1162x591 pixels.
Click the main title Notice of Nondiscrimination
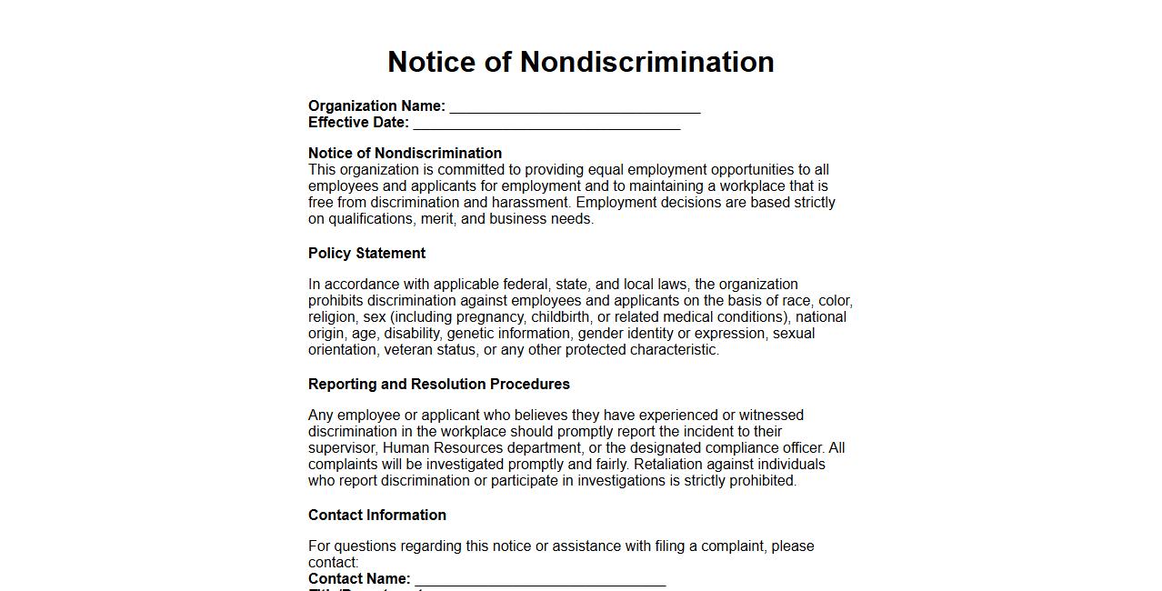[x=580, y=62]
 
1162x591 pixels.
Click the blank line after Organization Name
[x=575, y=107]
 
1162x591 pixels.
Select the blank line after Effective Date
[x=546, y=124]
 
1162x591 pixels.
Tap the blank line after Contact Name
[x=540, y=580]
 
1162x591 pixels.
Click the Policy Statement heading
[x=366, y=253]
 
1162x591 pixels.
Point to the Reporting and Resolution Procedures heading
[x=438, y=384]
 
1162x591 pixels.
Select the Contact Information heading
[x=376, y=515]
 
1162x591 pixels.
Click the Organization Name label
[x=376, y=106]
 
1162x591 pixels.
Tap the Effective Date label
[x=358, y=123]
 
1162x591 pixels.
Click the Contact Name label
[x=359, y=579]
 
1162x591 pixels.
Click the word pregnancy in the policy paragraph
[x=490, y=317]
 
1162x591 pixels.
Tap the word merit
[x=437, y=219]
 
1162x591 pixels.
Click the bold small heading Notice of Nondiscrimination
[x=405, y=153]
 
